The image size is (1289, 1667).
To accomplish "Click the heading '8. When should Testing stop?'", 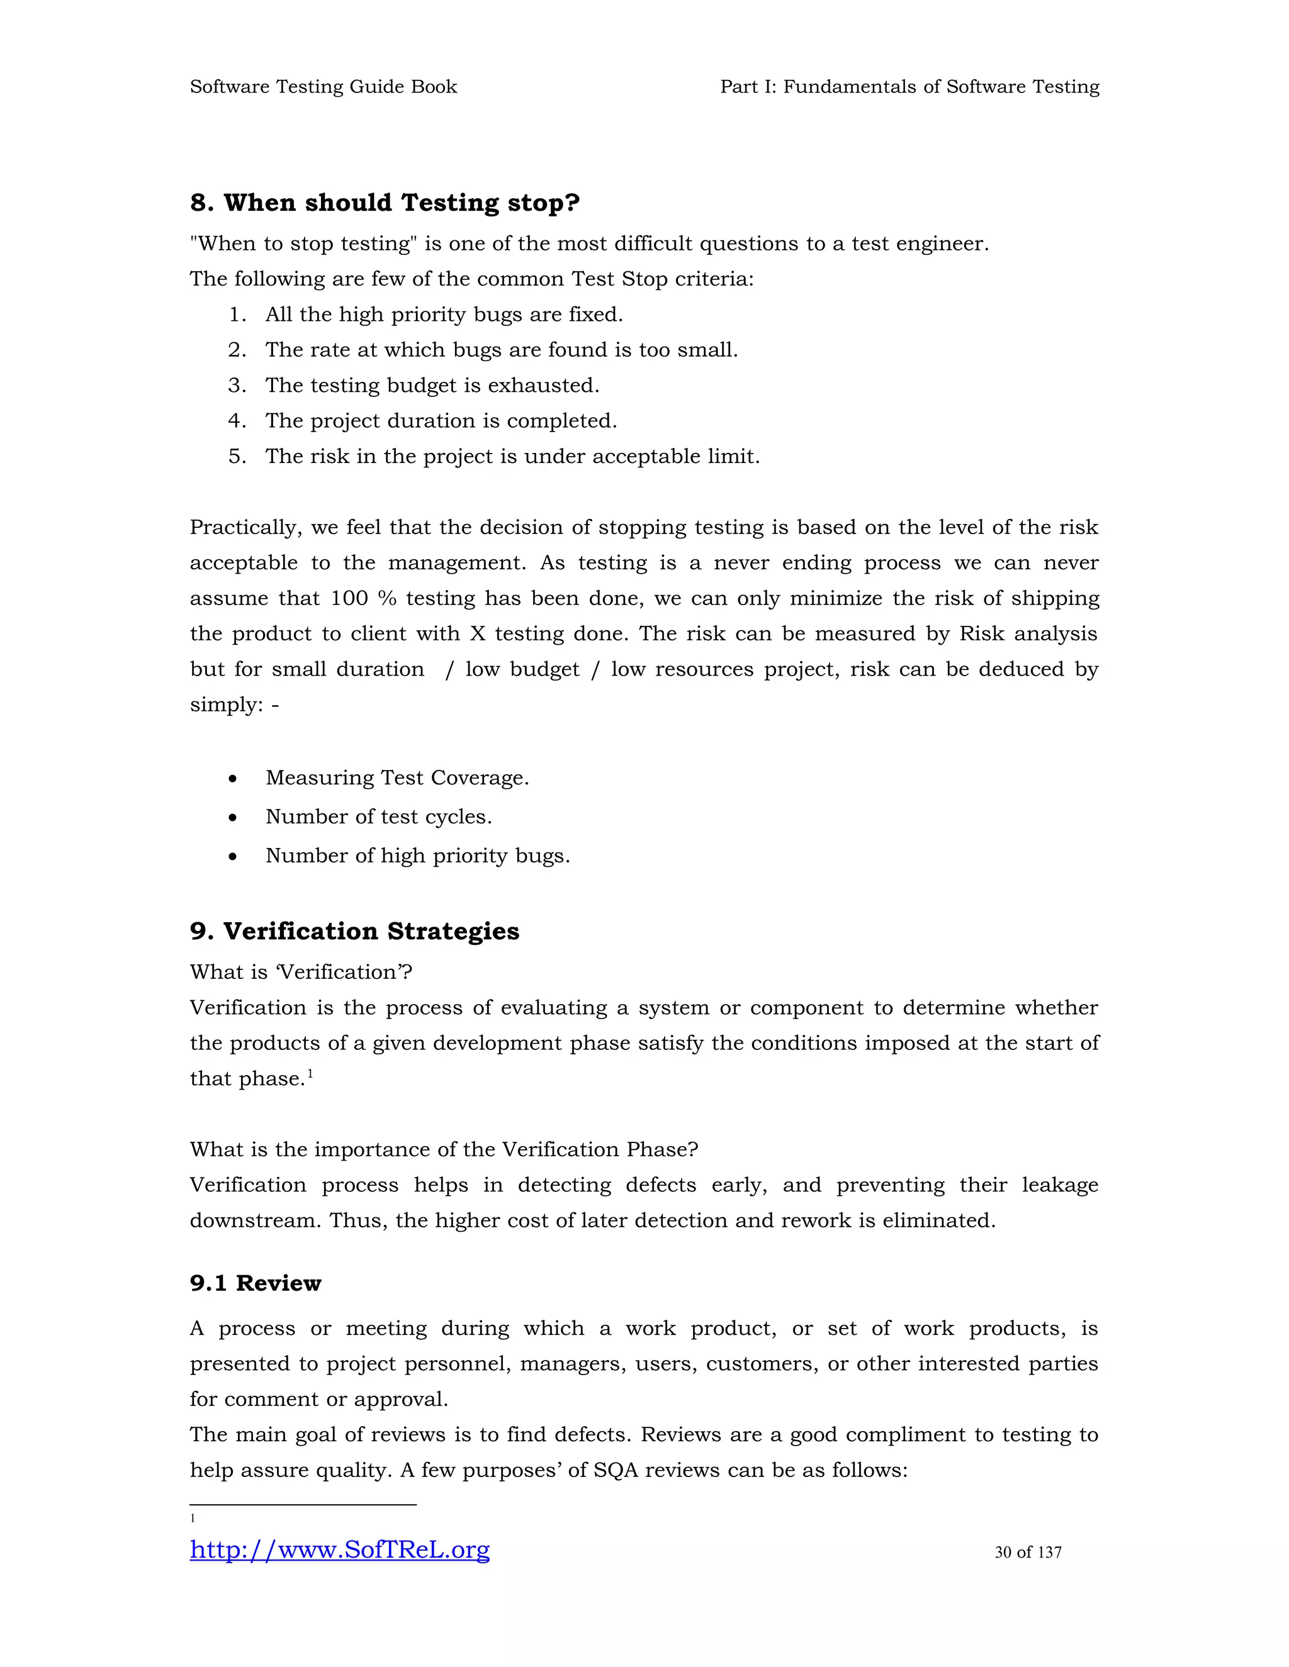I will point(385,203).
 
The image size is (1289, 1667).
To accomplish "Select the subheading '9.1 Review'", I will point(255,1283).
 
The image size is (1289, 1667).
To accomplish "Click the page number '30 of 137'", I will point(1028,1552).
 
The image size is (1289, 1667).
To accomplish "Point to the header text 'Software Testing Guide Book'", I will point(323,87).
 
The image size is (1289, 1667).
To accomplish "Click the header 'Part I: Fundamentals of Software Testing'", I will point(909,87).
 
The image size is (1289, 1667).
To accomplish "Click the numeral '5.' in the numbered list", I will point(237,457).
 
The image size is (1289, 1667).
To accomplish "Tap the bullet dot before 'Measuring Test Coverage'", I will point(233,779).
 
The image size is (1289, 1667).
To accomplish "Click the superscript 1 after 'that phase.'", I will point(310,1073).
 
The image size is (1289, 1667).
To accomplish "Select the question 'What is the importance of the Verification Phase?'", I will point(444,1149).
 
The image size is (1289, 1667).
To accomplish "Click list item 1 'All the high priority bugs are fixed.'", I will point(444,315).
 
